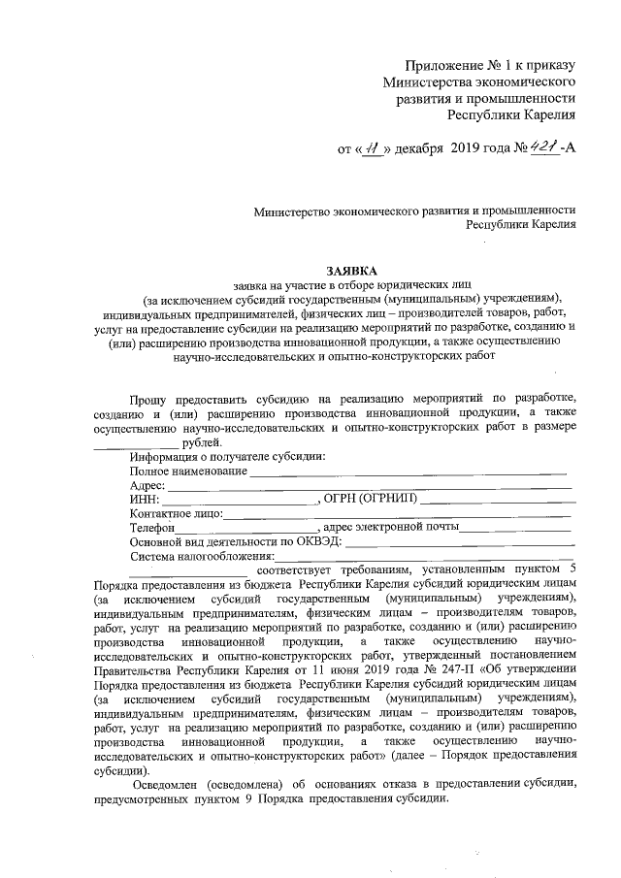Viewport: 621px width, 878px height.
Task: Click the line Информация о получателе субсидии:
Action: click(x=227, y=457)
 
